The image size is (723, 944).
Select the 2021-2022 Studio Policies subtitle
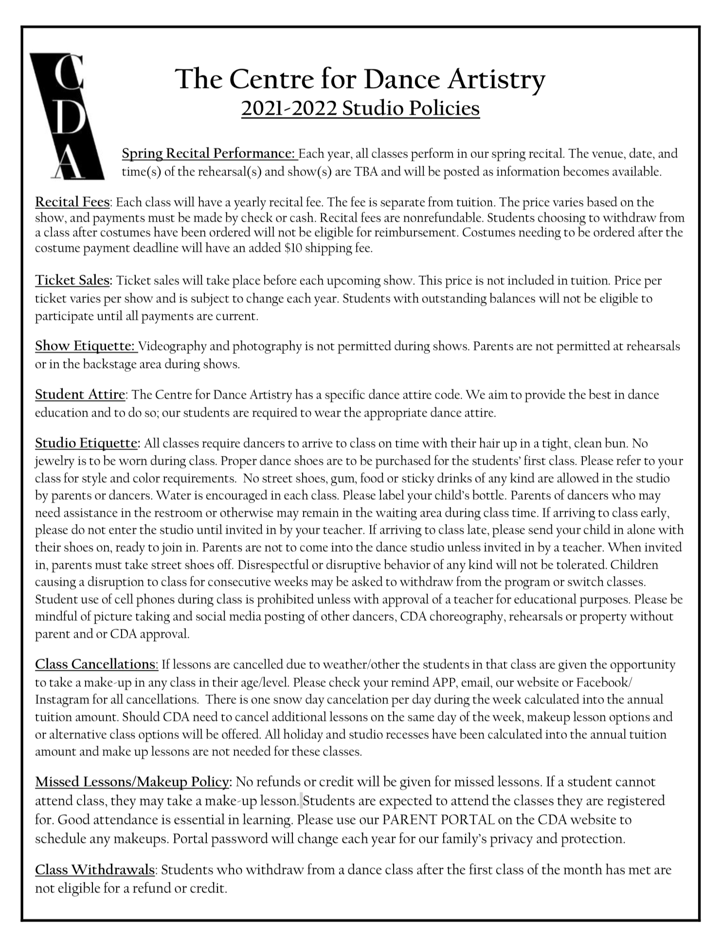(360, 108)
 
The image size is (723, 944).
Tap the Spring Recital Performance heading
(209, 154)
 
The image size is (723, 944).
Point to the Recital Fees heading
(73, 202)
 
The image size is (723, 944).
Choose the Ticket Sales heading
(73, 280)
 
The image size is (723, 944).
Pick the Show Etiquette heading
(85, 346)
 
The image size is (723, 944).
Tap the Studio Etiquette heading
(88, 443)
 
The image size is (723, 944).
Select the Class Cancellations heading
(96, 664)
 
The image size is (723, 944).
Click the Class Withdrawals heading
(95, 869)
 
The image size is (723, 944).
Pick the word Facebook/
(604, 682)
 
